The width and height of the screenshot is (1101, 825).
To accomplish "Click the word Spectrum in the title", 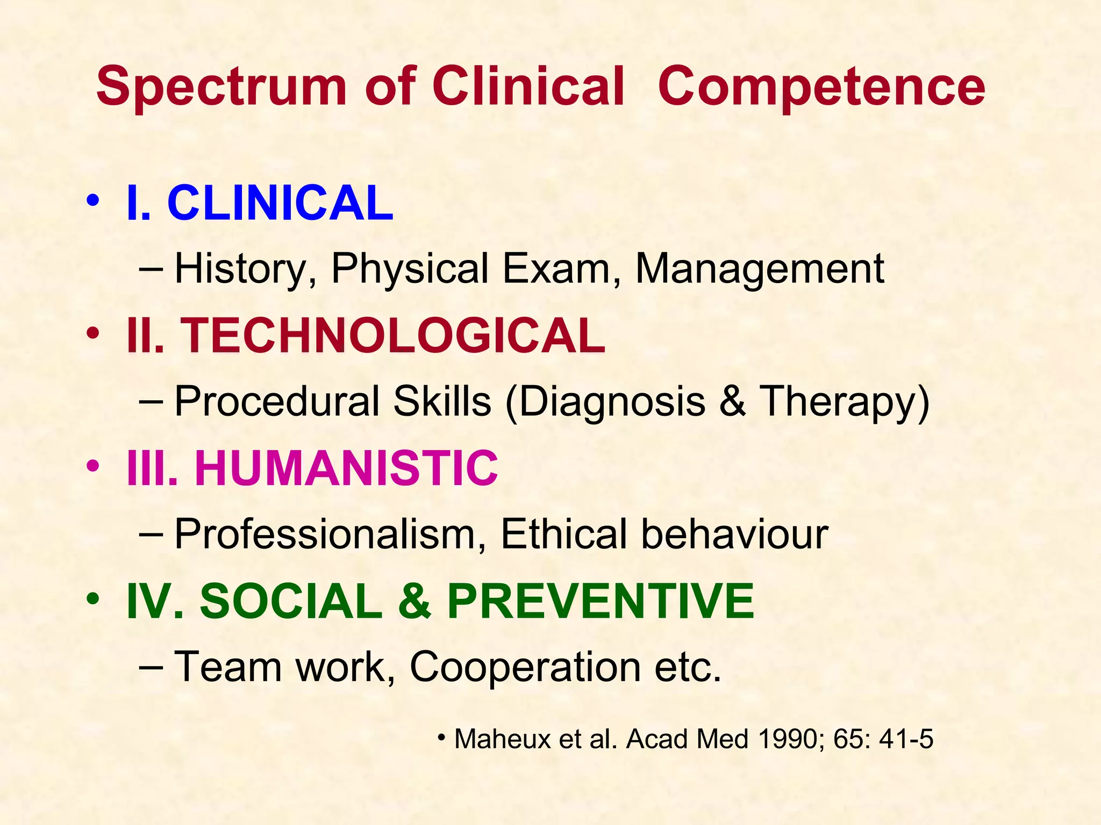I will pyautogui.click(x=221, y=87).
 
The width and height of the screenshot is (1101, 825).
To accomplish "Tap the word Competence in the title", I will pyautogui.click(x=821, y=87).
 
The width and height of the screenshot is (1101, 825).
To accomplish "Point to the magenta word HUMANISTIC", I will pyautogui.click(x=346, y=468).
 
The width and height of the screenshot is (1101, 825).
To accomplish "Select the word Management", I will pyautogui.click(x=760, y=268).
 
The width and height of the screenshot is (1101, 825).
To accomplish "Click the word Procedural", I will pyautogui.click(x=277, y=401).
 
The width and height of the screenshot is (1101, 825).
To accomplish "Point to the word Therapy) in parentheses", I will pyautogui.click(x=844, y=402).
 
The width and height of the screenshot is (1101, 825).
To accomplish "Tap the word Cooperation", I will pyautogui.click(x=525, y=666).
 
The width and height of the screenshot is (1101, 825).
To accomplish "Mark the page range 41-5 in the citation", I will pyautogui.click(x=906, y=739).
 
